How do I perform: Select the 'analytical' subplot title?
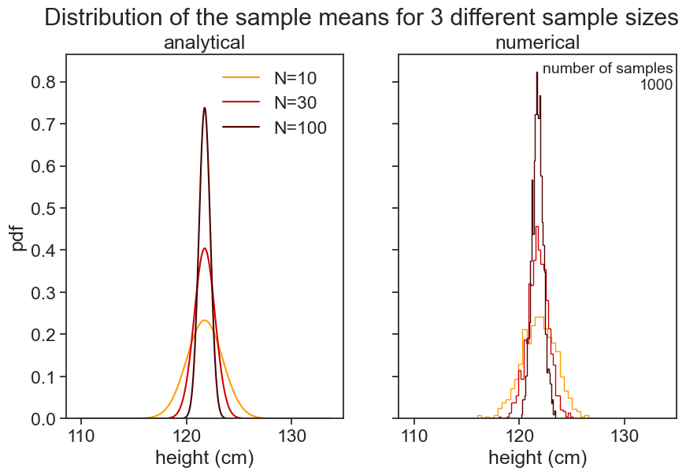point(204,43)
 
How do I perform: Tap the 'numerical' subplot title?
point(537,43)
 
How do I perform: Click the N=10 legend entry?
point(299,78)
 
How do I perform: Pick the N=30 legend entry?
point(299,102)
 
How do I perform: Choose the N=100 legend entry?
point(300,128)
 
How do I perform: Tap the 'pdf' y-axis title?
point(18,236)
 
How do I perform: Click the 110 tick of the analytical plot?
point(82,435)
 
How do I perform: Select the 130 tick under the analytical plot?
point(291,435)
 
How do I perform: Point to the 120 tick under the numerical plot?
point(520,435)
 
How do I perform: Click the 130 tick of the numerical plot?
point(625,435)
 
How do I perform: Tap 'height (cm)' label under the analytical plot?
point(204,458)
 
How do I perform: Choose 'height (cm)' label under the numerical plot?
point(537,458)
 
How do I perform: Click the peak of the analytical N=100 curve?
point(205,108)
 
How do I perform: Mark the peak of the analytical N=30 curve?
point(205,248)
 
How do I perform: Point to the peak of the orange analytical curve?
point(205,320)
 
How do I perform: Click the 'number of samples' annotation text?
point(607,69)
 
